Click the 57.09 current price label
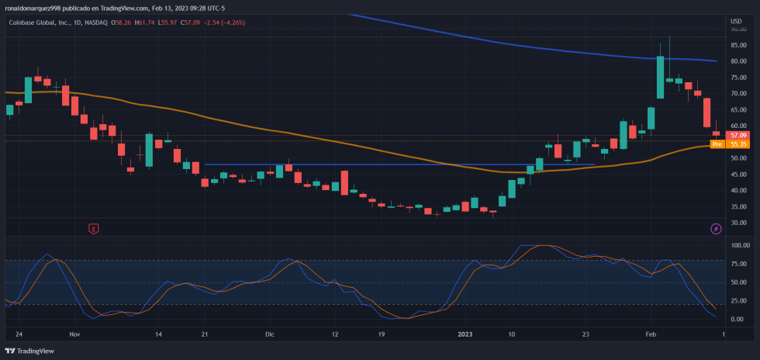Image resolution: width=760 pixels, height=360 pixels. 738,135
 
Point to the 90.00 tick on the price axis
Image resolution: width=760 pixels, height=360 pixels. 737,29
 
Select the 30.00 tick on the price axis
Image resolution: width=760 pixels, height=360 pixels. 737,223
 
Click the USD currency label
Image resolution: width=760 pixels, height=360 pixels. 735,20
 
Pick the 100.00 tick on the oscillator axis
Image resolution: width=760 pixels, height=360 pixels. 738,245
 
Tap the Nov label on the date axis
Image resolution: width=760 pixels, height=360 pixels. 74,334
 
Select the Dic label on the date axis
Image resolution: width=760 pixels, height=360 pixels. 270,334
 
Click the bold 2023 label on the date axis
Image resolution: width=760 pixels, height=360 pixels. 465,334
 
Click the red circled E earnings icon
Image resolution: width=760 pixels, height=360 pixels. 94,228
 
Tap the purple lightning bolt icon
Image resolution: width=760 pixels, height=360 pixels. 716,228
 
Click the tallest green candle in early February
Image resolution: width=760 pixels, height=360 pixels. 660,77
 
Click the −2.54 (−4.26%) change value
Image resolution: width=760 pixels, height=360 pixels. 223,22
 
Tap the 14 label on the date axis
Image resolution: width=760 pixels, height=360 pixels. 158,334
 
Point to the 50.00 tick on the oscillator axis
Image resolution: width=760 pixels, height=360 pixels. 737,282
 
